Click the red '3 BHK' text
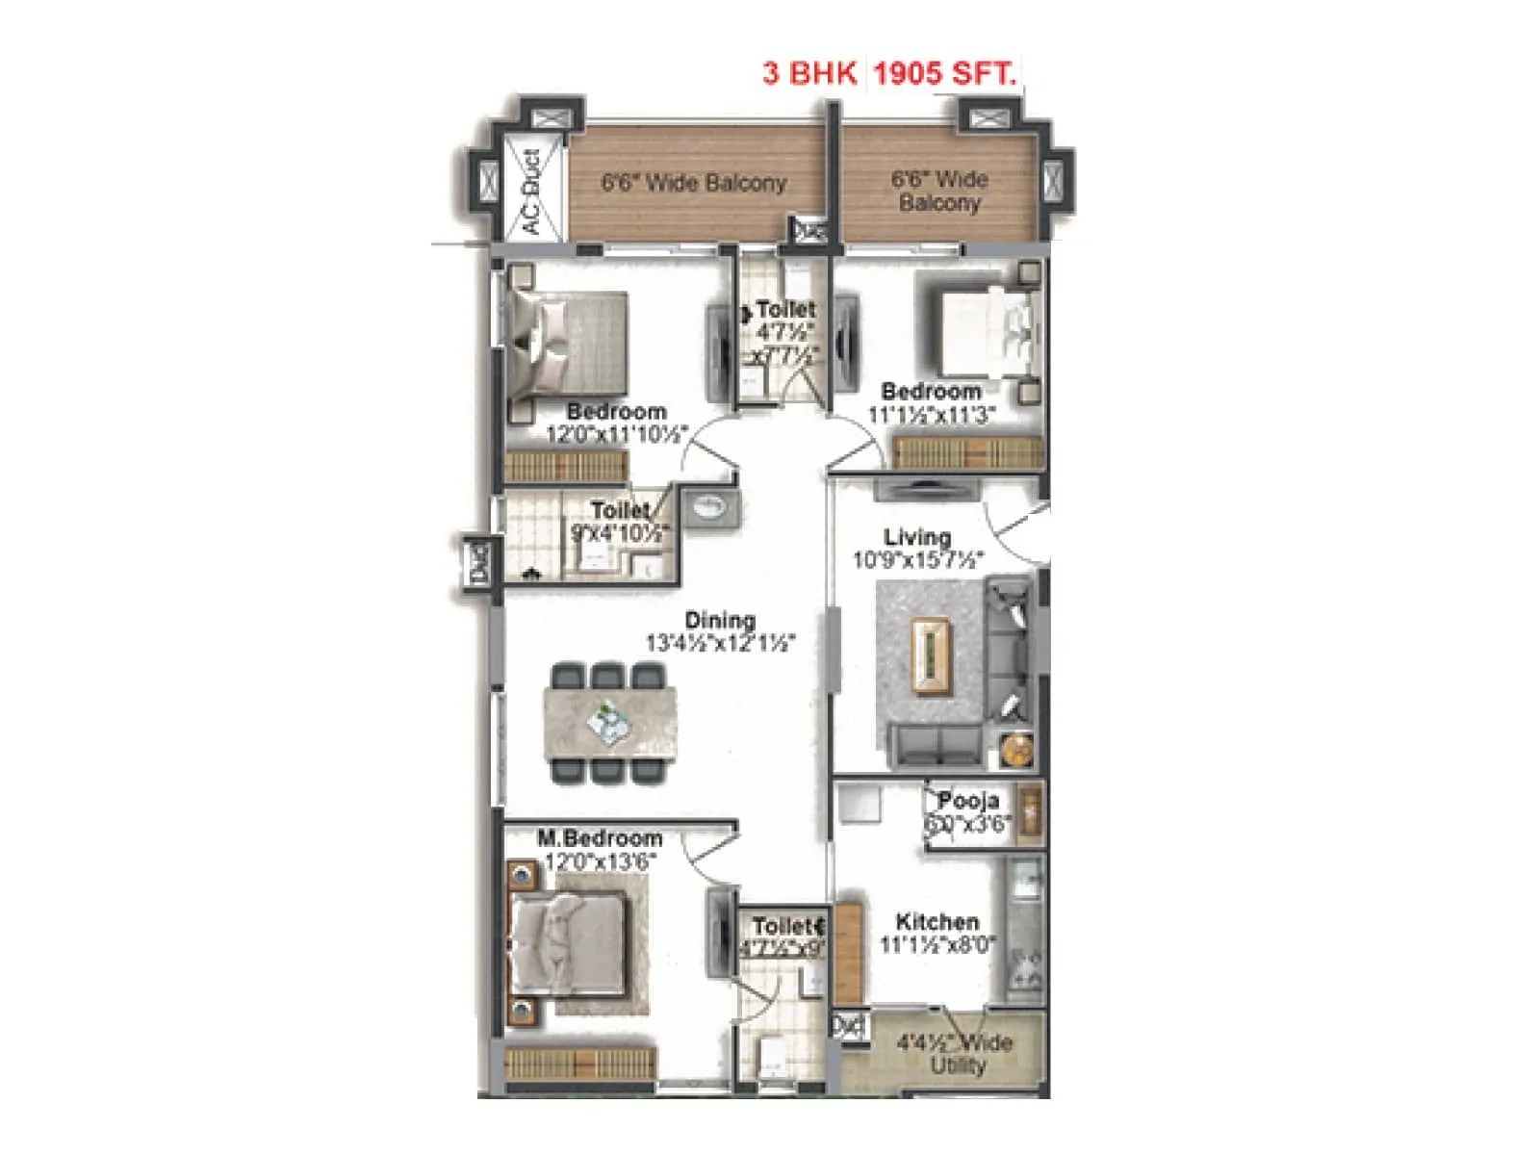click(x=808, y=73)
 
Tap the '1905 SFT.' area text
click(x=944, y=73)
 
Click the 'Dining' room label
click(x=720, y=620)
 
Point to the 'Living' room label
click(x=917, y=537)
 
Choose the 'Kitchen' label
click(x=937, y=921)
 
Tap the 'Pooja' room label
click(x=968, y=801)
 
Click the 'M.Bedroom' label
click(x=600, y=837)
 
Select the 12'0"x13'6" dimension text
click(x=600, y=861)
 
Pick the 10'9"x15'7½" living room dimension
click(x=917, y=560)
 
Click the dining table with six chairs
click(x=609, y=723)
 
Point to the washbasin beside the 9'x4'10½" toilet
click(x=711, y=506)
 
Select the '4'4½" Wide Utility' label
click(x=956, y=1054)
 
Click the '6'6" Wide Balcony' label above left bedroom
click(x=694, y=183)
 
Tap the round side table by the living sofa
click(x=1015, y=750)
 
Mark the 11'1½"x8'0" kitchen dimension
click(x=937, y=945)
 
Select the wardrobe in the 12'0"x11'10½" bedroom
click(x=566, y=467)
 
